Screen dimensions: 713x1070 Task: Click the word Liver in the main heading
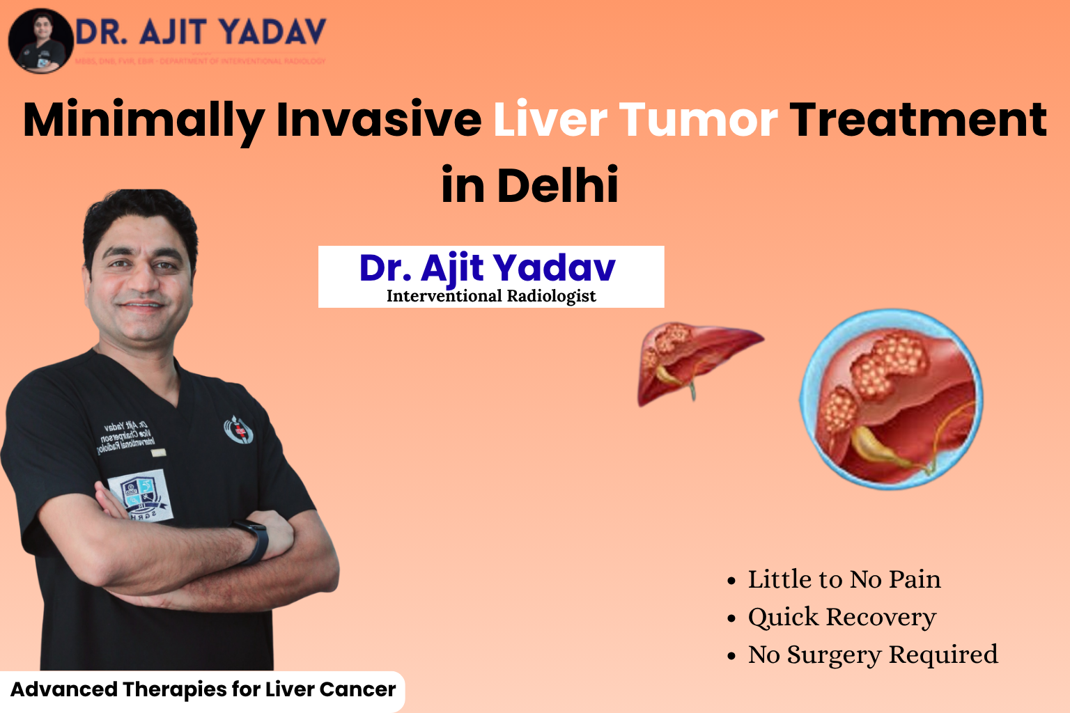click(550, 120)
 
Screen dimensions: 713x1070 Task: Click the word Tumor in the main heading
click(698, 120)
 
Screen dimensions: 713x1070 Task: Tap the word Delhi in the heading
click(557, 185)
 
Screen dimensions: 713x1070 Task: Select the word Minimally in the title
click(143, 120)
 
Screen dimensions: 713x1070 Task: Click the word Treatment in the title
click(918, 120)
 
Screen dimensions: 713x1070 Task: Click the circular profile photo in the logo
click(40, 40)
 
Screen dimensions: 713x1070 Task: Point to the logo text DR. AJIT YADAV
click(201, 33)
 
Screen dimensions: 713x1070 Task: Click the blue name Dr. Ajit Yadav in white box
click(488, 268)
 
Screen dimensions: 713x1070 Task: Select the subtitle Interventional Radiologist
click(491, 296)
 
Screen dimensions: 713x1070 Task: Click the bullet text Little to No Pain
click(844, 579)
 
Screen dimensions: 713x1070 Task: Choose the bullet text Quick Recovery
click(842, 617)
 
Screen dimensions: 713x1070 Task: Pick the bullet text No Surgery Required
click(872, 655)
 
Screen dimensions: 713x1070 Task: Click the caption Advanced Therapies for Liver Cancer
click(203, 689)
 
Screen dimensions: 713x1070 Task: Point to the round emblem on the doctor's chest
click(238, 430)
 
